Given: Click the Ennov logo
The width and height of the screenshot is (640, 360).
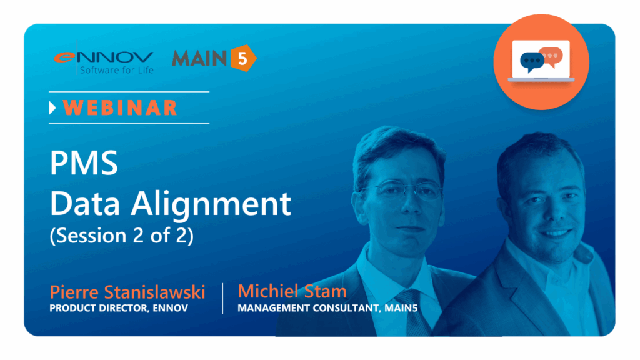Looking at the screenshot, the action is click(x=104, y=61).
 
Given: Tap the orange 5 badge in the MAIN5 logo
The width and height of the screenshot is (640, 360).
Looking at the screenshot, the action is click(x=243, y=58).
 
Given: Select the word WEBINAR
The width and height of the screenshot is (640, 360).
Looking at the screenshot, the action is click(x=120, y=108).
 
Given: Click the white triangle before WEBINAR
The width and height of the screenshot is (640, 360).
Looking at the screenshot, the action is click(x=52, y=107).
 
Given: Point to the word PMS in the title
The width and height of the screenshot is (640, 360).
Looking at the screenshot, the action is click(x=84, y=163).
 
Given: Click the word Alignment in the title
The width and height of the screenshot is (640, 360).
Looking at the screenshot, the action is click(x=211, y=204).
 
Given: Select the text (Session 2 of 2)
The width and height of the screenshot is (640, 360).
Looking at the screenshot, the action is click(x=122, y=236).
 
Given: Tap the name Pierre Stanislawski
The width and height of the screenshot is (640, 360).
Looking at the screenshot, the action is click(x=127, y=292).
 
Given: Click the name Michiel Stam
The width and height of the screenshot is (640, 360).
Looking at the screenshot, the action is click(x=292, y=291).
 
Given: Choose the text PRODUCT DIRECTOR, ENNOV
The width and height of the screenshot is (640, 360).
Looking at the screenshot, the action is click(x=119, y=308).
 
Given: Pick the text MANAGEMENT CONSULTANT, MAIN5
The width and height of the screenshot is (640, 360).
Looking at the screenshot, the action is click(x=327, y=308).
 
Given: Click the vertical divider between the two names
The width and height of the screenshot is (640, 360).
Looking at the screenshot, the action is click(x=222, y=298).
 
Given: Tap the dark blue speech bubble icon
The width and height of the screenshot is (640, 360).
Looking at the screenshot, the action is click(x=531, y=62).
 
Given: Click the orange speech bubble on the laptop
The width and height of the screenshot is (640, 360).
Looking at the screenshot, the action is click(x=551, y=56).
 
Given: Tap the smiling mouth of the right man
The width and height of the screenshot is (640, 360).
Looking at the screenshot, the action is click(x=555, y=234).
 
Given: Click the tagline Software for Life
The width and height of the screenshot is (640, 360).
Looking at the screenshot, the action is click(x=117, y=70).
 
